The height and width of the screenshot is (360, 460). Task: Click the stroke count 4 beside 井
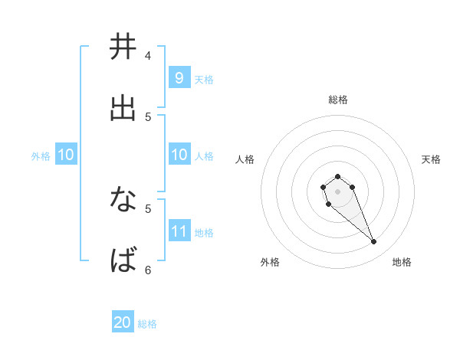pos(148,55)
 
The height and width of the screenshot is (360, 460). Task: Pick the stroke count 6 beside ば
pos(148,270)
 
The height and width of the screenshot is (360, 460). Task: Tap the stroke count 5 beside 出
pos(148,116)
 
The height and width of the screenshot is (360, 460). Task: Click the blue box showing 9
pos(179,77)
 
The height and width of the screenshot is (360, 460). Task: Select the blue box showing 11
pos(179,231)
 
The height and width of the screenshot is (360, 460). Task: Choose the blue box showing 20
pos(123,322)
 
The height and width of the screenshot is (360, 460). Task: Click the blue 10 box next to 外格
pos(65,155)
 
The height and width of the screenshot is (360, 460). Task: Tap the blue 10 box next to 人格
pos(179,155)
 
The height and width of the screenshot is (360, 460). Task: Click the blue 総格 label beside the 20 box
pos(147,324)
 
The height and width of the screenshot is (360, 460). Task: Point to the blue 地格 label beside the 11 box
pos(204,232)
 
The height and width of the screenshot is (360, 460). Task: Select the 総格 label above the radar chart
pos(337,100)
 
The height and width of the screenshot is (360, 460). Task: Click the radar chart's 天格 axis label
pos(431,159)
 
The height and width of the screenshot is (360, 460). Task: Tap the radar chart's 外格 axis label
pos(270,262)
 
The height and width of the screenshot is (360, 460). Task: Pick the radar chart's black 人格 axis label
pos(245,159)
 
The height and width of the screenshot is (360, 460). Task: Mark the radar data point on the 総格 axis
pos(337,176)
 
